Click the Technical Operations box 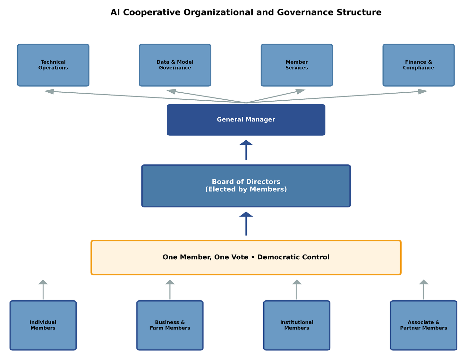(x=53, y=65)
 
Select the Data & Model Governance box (x=175, y=65)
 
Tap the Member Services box (x=297, y=65)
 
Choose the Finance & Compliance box (x=419, y=65)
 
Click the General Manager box (x=246, y=120)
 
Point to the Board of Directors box (x=246, y=186)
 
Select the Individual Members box (x=43, y=325)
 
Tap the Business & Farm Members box (x=170, y=325)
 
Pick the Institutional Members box (x=297, y=325)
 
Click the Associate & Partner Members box (x=424, y=325)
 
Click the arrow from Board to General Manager (x=246, y=150)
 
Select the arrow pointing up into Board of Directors (x=246, y=223)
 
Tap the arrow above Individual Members (x=43, y=289)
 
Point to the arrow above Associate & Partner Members (x=424, y=289)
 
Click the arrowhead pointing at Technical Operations (x=49, y=91)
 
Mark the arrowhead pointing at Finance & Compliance (x=423, y=91)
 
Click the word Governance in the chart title (x=305, y=12)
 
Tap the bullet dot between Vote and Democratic (x=253, y=257)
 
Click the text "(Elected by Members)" (x=246, y=189)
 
